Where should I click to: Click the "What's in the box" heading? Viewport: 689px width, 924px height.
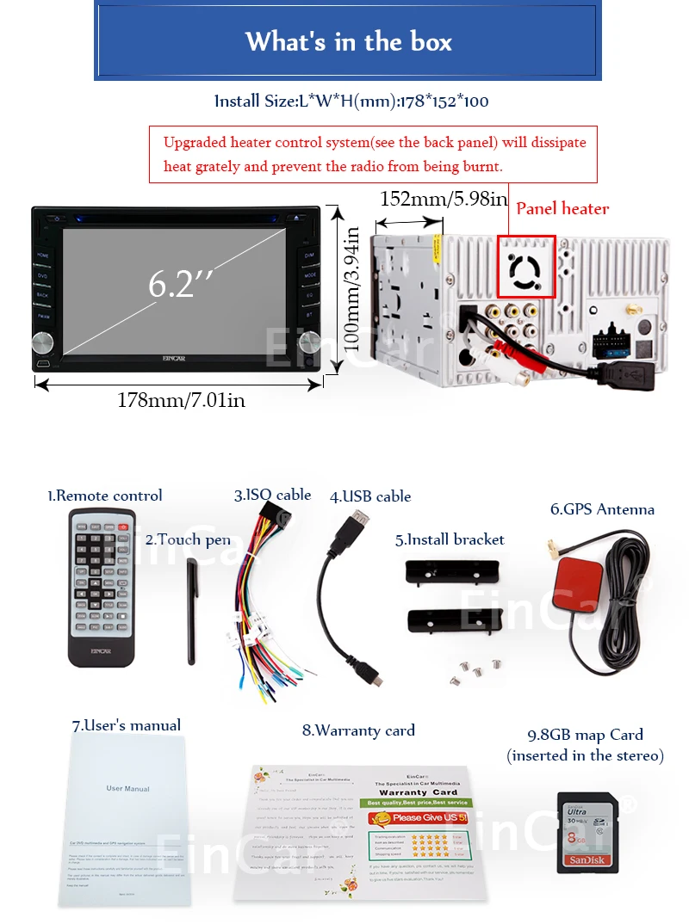348,42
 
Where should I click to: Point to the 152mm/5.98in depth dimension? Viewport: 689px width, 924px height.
444,199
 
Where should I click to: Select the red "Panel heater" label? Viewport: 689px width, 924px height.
562,208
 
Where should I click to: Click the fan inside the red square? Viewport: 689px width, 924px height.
526,267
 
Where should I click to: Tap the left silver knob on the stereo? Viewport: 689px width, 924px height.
43,343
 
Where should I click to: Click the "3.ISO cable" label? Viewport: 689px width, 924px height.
272,495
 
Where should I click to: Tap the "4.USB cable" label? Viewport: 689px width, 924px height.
370,496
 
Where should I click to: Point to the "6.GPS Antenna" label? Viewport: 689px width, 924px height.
602,509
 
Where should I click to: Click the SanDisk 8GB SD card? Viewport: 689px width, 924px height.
587,832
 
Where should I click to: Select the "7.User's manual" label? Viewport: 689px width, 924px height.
126,725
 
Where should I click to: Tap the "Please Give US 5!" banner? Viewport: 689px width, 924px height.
416,817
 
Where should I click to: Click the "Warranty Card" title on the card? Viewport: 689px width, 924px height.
418,792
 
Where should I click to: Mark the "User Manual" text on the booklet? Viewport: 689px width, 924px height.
127,788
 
